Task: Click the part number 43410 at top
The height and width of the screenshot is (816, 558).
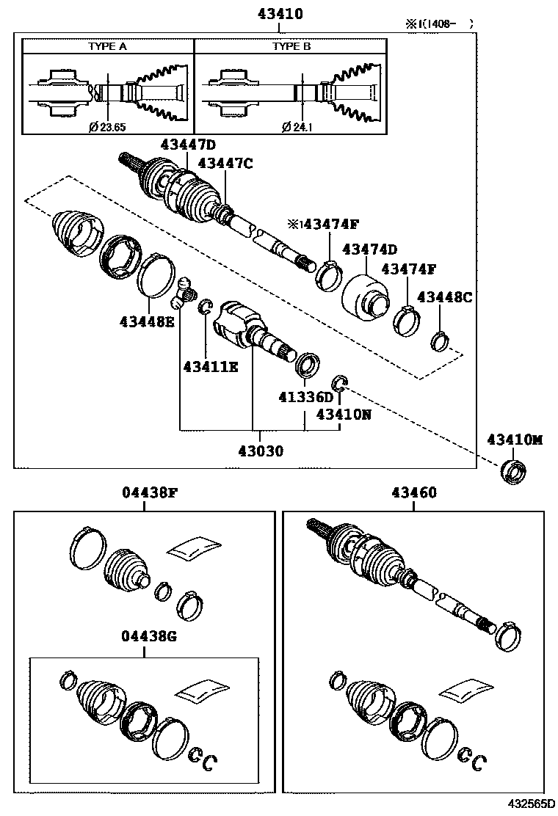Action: click(x=280, y=13)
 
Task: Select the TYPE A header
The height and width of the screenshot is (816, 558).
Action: click(x=107, y=45)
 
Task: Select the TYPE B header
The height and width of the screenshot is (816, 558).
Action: click(x=291, y=45)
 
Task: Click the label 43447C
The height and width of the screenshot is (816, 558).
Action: click(x=225, y=164)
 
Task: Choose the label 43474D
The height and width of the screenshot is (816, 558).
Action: click(x=369, y=249)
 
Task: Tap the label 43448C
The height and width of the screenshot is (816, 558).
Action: click(x=444, y=296)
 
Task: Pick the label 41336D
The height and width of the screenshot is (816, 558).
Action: click(x=305, y=397)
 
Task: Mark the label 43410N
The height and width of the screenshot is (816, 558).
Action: click(x=344, y=415)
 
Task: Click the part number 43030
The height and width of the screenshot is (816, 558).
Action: click(x=260, y=450)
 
